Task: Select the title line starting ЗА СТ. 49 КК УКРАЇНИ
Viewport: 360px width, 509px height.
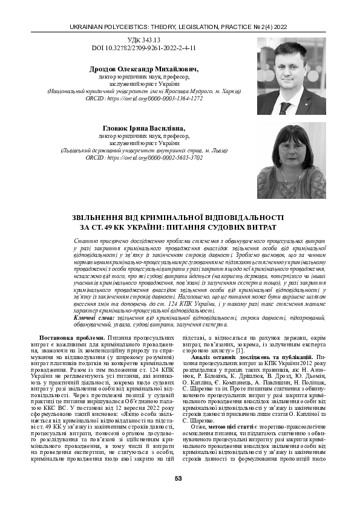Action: pos(179,227)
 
